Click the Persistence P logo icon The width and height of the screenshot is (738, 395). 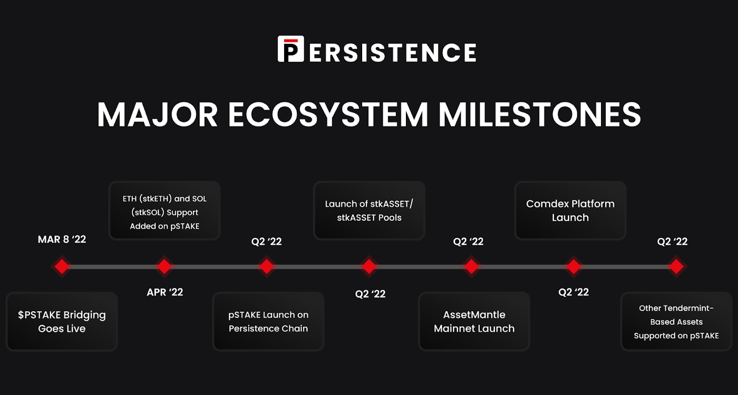tap(290, 49)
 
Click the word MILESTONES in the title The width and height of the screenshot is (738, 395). tap(540, 114)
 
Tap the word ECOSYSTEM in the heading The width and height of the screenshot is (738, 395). tap(328, 114)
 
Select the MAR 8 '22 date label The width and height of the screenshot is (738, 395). tap(62, 239)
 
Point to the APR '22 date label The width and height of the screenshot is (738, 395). tap(164, 292)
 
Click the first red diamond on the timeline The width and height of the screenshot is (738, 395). tap(62, 266)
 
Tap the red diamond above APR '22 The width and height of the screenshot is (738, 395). tap(164, 266)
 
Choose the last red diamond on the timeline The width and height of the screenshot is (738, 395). tap(676, 266)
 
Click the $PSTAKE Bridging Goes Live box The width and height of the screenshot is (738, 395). tap(62, 322)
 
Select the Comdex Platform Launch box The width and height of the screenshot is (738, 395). tap(570, 210)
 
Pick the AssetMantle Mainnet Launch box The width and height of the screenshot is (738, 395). tap(474, 322)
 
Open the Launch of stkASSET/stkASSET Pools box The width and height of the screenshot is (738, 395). tap(369, 210)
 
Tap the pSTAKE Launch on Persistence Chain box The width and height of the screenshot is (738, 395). tap(268, 322)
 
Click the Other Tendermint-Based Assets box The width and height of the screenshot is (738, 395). tap(676, 322)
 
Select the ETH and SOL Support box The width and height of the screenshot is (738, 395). tap(164, 210)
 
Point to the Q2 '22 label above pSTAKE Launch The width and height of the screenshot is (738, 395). tap(267, 242)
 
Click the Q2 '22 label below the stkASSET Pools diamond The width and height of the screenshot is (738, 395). tap(370, 294)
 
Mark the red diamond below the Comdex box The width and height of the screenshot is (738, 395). tap(574, 266)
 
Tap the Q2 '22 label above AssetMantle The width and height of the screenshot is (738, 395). tap(468, 242)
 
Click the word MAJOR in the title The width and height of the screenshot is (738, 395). tap(157, 114)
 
